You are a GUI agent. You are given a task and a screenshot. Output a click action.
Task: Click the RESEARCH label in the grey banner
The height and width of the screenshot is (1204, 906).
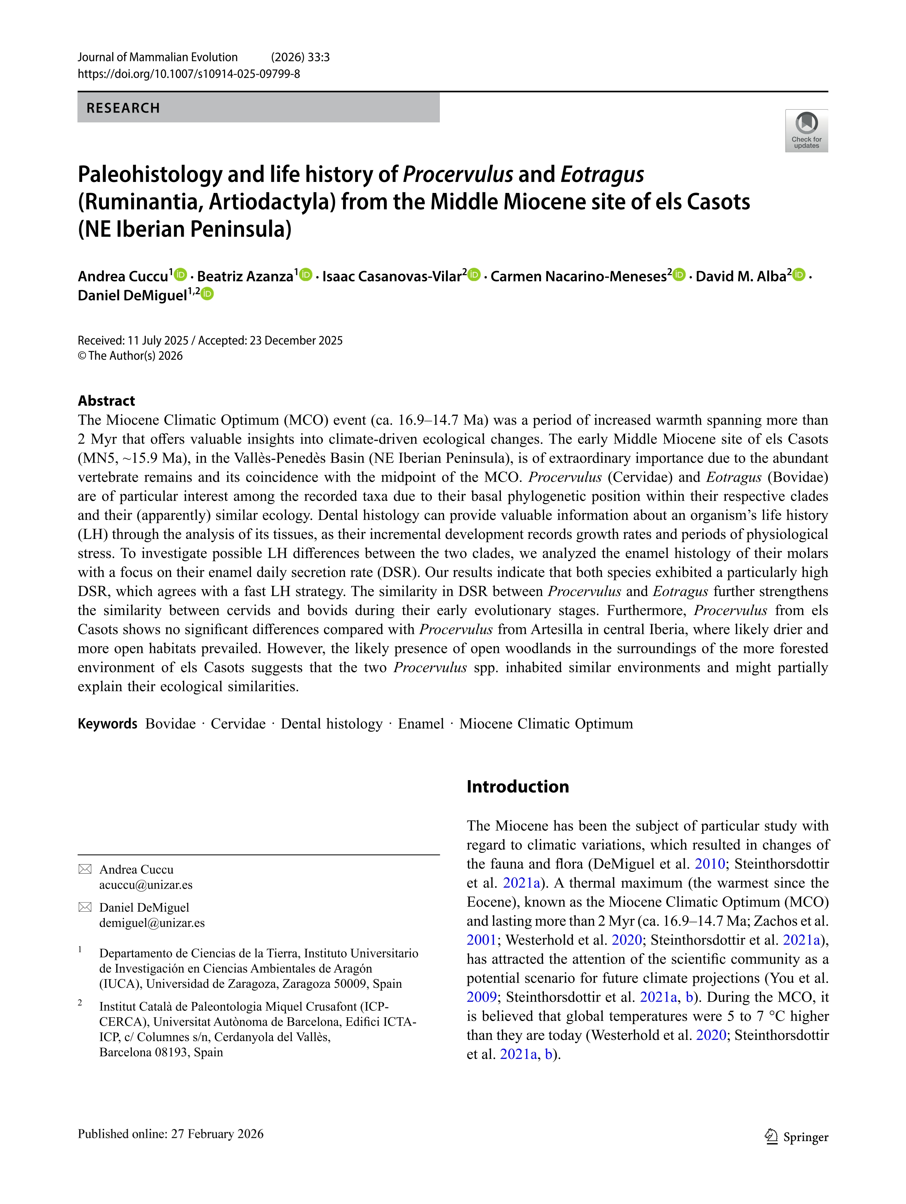pos(123,108)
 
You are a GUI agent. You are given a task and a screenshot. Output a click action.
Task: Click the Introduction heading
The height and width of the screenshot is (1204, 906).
pos(518,786)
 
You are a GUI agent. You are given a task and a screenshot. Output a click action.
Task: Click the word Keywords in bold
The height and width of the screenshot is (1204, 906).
pos(107,723)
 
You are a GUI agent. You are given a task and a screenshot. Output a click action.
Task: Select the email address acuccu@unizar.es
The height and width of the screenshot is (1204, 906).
pos(146,885)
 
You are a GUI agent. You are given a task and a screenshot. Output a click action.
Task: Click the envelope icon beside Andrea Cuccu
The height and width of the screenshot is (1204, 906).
pos(85,869)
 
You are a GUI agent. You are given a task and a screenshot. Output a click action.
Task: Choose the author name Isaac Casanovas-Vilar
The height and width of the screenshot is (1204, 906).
pos(391,277)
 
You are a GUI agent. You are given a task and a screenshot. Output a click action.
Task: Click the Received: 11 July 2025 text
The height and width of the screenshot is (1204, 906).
pos(133,340)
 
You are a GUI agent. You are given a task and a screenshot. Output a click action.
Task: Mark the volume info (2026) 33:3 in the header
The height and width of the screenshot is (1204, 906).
pos(300,57)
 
